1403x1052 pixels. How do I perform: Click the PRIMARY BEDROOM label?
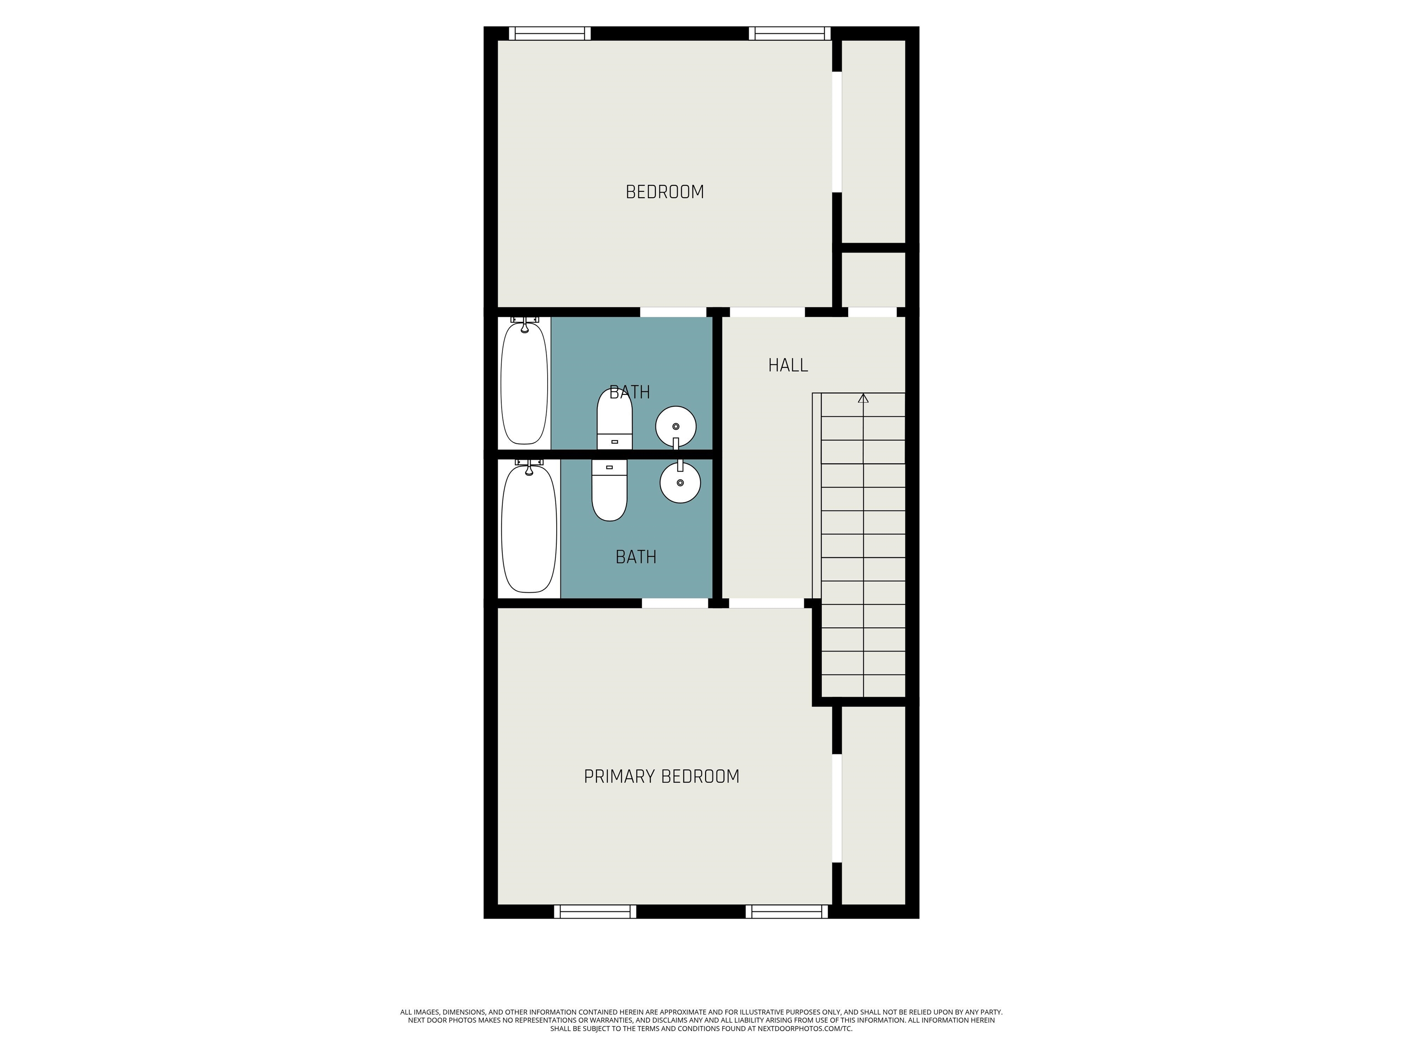(662, 777)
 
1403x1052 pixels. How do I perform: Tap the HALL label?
(788, 365)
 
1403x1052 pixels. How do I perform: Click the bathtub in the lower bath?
(529, 530)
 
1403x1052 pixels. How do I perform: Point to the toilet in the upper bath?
(615, 419)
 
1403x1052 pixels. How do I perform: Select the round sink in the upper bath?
(675, 427)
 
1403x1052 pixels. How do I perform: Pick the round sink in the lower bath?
(680, 483)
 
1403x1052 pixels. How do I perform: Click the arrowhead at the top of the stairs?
(863, 398)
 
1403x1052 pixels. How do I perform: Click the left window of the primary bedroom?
(595, 911)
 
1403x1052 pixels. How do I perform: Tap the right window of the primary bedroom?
(786, 911)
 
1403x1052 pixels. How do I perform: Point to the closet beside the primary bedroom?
(873, 805)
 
